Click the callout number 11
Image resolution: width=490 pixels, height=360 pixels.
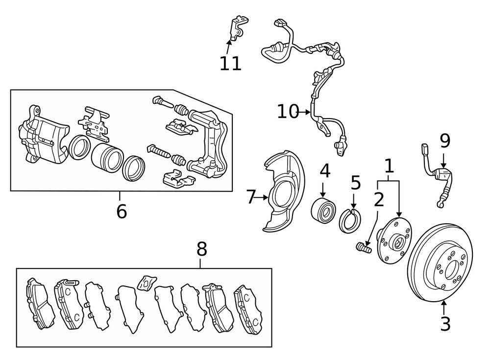coord(231,64)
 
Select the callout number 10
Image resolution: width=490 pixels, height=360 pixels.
coord(288,112)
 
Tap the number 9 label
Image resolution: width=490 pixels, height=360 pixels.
coord(445,141)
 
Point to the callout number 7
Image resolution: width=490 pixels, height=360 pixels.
coord(250,197)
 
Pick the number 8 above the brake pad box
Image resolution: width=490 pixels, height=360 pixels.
coord(202,249)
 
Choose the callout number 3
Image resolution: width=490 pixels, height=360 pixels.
coord(445,324)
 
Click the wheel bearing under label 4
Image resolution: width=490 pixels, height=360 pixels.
coord(323,210)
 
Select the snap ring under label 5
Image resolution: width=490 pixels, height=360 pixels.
coord(350,221)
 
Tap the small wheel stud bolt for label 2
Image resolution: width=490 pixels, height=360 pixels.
coord(364,248)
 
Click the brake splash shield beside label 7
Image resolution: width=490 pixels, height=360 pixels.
coord(283,191)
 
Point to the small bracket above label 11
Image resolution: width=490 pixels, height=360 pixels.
coord(239,28)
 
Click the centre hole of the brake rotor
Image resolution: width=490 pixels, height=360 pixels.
coord(452,269)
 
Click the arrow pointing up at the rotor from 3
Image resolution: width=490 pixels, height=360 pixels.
coord(444,307)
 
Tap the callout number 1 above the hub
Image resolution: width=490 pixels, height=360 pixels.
coord(389,166)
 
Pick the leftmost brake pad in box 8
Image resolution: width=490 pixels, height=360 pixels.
coord(40,304)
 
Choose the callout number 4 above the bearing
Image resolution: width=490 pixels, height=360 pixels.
coord(325,171)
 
